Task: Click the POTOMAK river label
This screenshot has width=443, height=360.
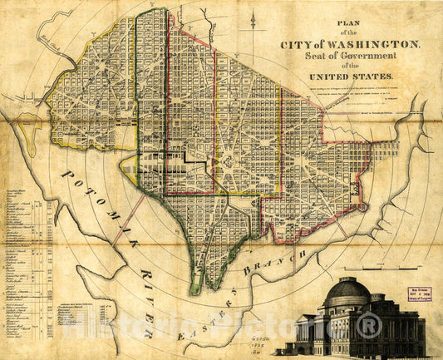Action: (93, 199)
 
